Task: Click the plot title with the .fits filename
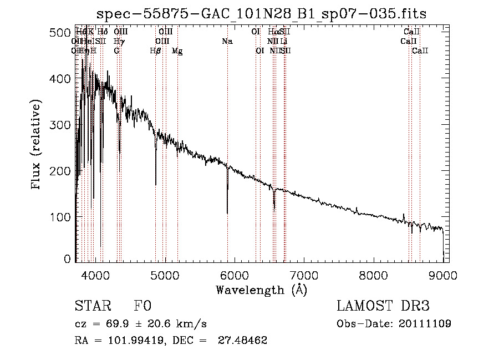[261, 13]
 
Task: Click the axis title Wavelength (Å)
[261, 289]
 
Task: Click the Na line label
[227, 42]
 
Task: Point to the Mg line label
[177, 51]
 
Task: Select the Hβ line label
[156, 51]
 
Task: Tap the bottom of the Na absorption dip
[227, 212]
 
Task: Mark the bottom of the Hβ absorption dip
[156, 184]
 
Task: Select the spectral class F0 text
[143, 307]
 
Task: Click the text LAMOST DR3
[383, 306]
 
